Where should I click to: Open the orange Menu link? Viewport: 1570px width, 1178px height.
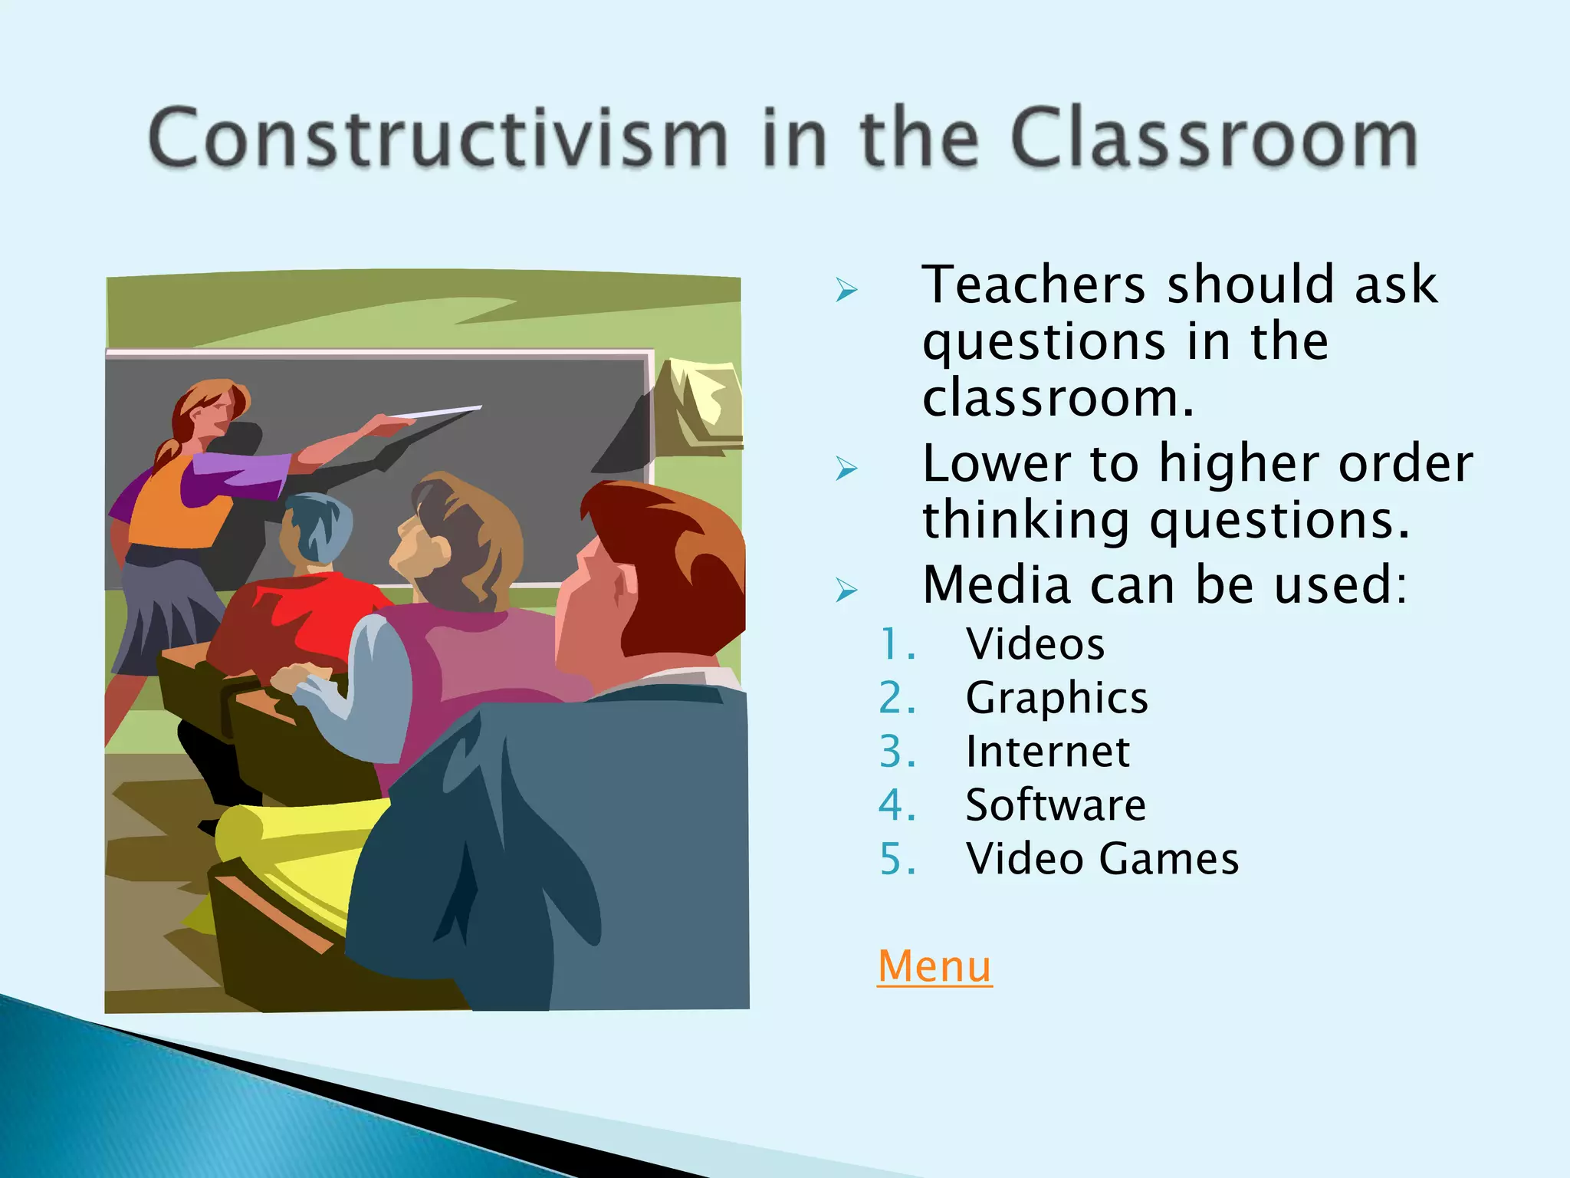click(x=934, y=966)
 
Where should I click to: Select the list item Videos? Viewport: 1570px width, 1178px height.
click(x=1035, y=643)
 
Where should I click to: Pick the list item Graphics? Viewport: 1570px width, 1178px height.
click(x=1056, y=697)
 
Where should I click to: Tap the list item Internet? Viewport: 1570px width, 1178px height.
click(x=1047, y=751)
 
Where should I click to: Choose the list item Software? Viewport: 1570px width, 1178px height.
click(x=1056, y=805)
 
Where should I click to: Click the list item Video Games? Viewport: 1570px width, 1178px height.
click(x=1102, y=858)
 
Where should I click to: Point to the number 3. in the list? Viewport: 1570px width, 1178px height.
click(x=897, y=751)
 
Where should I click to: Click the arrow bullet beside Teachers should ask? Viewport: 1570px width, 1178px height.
click(x=846, y=290)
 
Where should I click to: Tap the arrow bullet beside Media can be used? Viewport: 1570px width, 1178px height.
click(x=846, y=590)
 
